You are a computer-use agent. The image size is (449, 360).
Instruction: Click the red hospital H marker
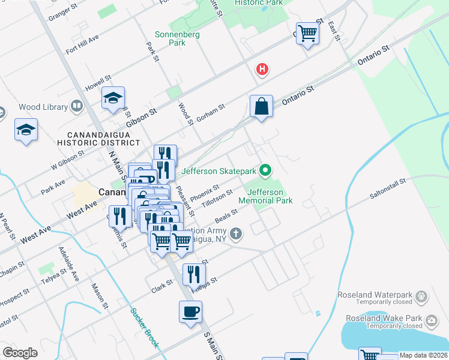[x=262, y=70]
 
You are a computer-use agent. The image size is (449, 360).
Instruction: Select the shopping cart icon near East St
[x=307, y=33]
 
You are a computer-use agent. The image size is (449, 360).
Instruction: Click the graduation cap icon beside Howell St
[x=113, y=98]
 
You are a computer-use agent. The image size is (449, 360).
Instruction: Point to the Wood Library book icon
[x=76, y=107]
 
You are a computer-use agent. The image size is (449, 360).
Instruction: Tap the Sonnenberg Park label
[x=169, y=38]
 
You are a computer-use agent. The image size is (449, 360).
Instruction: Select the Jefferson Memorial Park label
[x=266, y=196]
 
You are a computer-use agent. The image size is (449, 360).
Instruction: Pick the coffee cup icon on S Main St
[x=191, y=312]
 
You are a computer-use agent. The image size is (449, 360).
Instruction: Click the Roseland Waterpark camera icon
[x=422, y=296]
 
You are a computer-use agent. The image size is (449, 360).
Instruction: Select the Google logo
[x=20, y=353]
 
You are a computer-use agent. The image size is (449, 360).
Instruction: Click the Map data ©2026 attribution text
[x=423, y=355]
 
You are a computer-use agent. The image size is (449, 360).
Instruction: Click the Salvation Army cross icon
[x=237, y=233]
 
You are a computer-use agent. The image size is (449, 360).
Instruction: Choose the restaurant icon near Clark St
[x=192, y=275]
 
